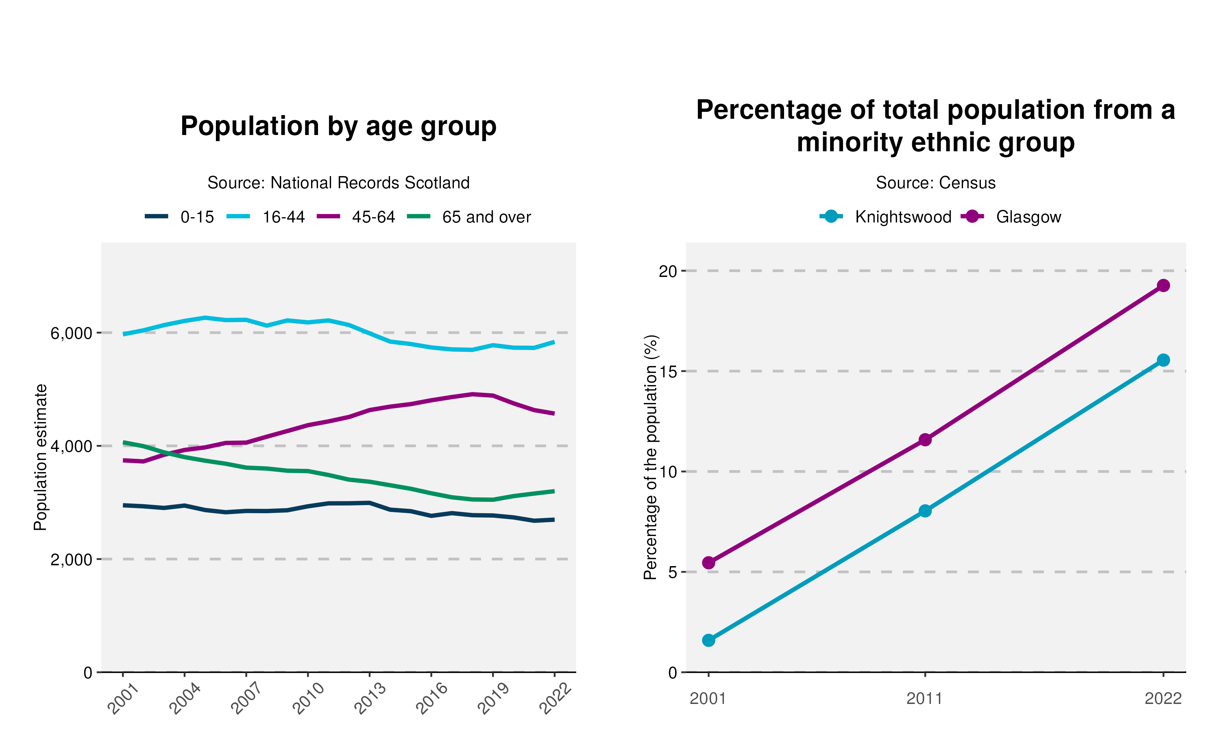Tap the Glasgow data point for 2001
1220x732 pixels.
tap(709, 563)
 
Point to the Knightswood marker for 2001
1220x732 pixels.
tap(709, 640)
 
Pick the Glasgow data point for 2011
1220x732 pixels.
tap(925, 440)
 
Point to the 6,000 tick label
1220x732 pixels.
tap(72, 333)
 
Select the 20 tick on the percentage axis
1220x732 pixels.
tap(668, 271)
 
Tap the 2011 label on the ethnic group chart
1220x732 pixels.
tap(925, 699)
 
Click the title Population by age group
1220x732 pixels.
tap(338, 126)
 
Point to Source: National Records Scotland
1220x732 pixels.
tap(338, 183)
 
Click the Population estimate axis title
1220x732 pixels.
tap(40, 457)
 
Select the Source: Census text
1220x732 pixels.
tap(935, 183)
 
